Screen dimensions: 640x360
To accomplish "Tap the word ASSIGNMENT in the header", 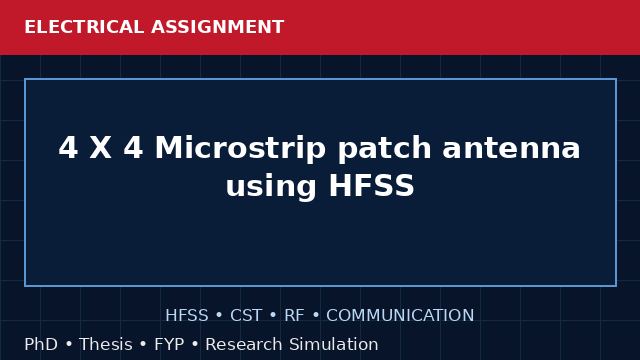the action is pyautogui.click(x=218, y=27).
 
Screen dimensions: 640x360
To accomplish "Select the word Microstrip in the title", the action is pyautogui.click(x=240, y=149).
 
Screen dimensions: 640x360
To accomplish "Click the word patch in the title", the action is pyautogui.click(x=384, y=149).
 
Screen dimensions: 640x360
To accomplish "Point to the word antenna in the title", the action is pyautogui.click(x=511, y=149).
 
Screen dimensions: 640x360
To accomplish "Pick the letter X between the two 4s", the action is pyautogui.click(x=100, y=148).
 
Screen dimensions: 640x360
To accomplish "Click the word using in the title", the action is pyautogui.click(x=271, y=187).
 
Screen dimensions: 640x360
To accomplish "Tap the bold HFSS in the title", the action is pyautogui.click(x=371, y=186).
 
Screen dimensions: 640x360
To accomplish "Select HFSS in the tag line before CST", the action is pyautogui.click(x=187, y=316).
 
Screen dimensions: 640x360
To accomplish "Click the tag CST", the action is pyautogui.click(x=246, y=316).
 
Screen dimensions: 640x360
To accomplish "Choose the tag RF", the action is pyautogui.click(x=294, y=316).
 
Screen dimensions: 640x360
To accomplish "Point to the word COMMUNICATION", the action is pyautogui.click(x=400, y=316).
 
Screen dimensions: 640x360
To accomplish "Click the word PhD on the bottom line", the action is pyautogui.click(x=41, y=344).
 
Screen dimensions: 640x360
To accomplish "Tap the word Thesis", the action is pyautogui.click(x=106, y=344).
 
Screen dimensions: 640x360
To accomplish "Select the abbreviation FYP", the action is pyautogui.click(x=169, y=344).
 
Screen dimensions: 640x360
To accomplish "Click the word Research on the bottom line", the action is pyautogui.click(x=244, y=344).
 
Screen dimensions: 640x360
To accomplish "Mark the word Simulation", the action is pyautogui.click(x=334, y=344).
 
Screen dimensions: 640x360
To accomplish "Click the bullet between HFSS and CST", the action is pyautogui.click(x=219, y=316).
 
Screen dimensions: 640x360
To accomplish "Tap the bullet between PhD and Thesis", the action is pyautogui.click(x=69, y=345).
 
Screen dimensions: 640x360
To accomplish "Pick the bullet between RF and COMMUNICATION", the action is pyautogui.click(x=316, y=316).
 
